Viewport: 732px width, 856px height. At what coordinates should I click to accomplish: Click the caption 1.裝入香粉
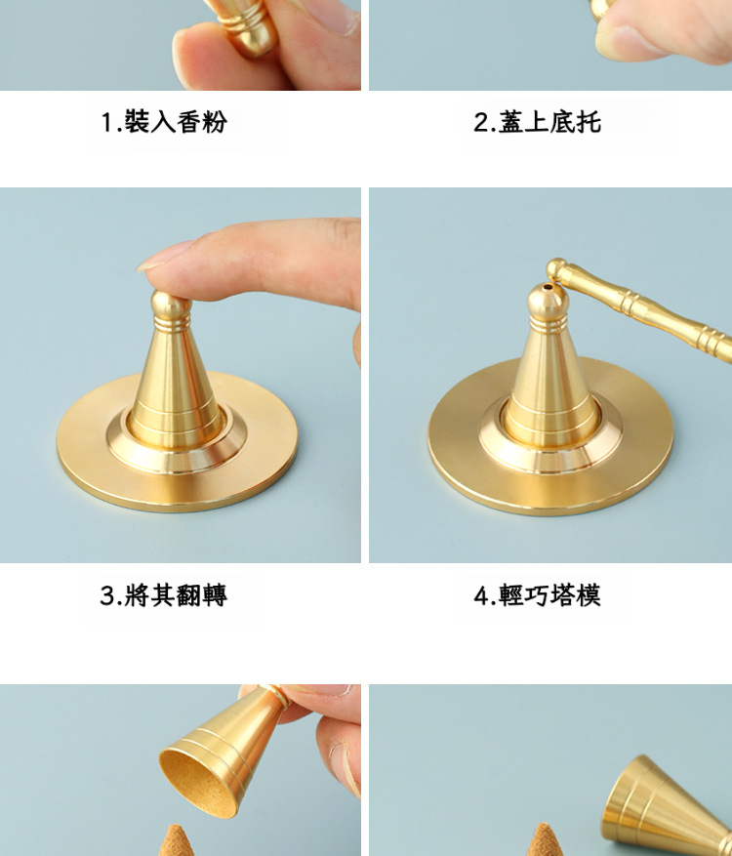pyautogui.click(x=163, y=121)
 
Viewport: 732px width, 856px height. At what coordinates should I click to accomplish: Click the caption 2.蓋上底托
pyautogui.click(x=537, y=121)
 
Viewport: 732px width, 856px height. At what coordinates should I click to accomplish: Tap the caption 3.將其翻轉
pyautogui.click(x=163, y=595)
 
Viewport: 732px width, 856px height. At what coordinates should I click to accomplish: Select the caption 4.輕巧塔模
pyautogui.click(x=537, y=595)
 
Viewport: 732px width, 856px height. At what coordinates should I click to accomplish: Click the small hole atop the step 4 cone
pyautogui.click(x=548, y=287)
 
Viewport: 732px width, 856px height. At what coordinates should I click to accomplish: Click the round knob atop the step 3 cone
pyautogui.click(x=171, y=304)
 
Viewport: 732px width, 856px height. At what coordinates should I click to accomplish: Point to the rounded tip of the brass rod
pyautogui.click(x=556, y=268)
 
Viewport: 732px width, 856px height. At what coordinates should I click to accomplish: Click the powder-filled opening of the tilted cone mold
pyautogui.click(x=199, y=783)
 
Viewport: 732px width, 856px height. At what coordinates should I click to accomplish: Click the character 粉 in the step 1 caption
pyautogui.click(x=214, y=121)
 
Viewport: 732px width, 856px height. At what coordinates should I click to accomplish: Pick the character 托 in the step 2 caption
pyautogui.click(x=589, y=121)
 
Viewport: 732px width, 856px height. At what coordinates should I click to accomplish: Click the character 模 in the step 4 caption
pyautogui.click(x=589, y=595)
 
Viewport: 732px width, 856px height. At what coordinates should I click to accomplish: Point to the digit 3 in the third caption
pyautogui.click(x=107, y=595)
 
